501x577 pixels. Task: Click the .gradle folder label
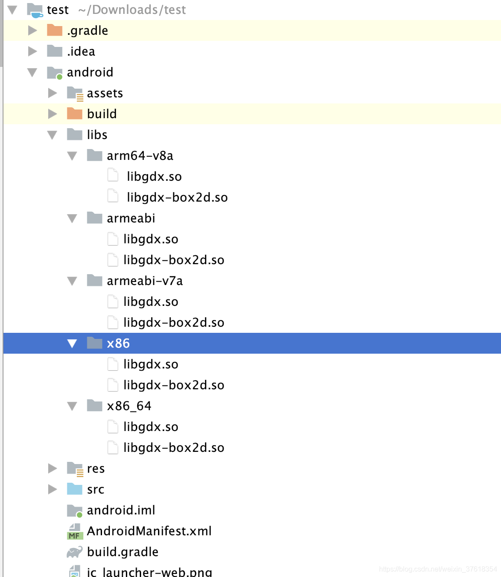[x=87, y=30]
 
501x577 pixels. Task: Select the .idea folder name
[x=81, y=51]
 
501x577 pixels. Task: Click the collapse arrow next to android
[x=32, y=72]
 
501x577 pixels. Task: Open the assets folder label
[x=105, y=93]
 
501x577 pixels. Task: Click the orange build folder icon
[x=75, y=114]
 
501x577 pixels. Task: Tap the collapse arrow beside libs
[x=52, y=135]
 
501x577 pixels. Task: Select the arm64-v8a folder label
[x=140, y=156]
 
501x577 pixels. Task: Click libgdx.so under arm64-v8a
[x=154, y=176]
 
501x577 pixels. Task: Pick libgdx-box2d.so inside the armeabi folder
[x=174, y=260]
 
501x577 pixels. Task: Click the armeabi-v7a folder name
[x=145, y=281]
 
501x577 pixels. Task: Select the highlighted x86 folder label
[x=118, y=343]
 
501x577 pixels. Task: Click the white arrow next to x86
[x=72, y=344]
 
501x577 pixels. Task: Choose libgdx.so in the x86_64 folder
[x=151, y=427]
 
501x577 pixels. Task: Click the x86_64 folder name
[x=129, y=406]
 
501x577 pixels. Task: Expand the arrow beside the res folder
[x=53, y=468]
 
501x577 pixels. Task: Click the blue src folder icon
[x=75, y=489]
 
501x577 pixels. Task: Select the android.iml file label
[x=121, y=510]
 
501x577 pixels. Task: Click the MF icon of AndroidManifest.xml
[x=75, y=531]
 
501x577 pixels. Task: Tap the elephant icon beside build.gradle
[x=75, y=552]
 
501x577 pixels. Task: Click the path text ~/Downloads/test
[x=132, y=10]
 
